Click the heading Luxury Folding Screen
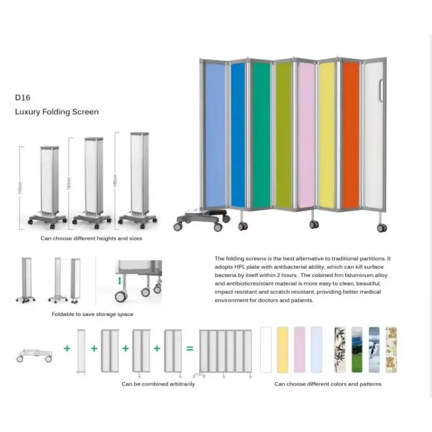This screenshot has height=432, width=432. pyautogui.click(x=57, y=112)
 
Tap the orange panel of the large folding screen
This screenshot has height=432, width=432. pyautogui.click(x=350, y=135)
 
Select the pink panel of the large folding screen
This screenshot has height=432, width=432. pyautogui.click(x=306, y=135)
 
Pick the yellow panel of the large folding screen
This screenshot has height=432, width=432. pyautogui.click(x=327, y=135)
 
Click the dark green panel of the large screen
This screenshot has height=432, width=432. pyautogui.click(x=261, y=135)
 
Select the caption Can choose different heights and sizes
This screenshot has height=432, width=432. pyautogui.click(x=91, y=238)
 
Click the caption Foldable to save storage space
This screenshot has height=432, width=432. pyautogui.click(x=92, y=314)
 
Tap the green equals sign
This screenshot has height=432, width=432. pyautogui.click(x=190, y=349)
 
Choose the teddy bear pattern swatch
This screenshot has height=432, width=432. pyautogui.click(x=391, y=349)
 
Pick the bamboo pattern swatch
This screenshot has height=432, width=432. pyautogui.click(x=340, y=349)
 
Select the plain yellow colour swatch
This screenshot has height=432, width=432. pyautogui.click(x=282, y=349)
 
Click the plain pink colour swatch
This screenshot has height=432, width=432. pyautogui.click(x=299, y=349)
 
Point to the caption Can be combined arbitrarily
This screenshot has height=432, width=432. pyautogui.click(x=158, y=384)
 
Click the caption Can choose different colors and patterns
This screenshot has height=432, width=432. pyautogui.click(x=328, y=384)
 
